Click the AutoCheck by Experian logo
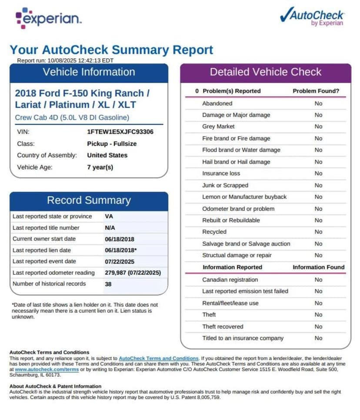(x=312, y=16)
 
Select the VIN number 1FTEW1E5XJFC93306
(x=120, y=132)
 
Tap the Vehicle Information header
(x=89, y=72)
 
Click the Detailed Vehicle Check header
(x=266, y=72)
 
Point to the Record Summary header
(x=89, y=200)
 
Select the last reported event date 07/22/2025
(x=120, y=261)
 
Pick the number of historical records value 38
(x=108, y=284)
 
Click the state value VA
(x=109, y=216)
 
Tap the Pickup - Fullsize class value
(x=112, y=143)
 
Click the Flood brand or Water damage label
(x=241, y=150)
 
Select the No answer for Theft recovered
(x=319, y=327)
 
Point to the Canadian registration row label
(x=230, y=280)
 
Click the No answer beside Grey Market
(x=319, y=127)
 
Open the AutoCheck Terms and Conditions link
(x=158, y=358)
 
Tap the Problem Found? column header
(x=316, y=91)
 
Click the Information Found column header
(x=318, y=267)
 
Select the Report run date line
(x=65, y=60)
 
